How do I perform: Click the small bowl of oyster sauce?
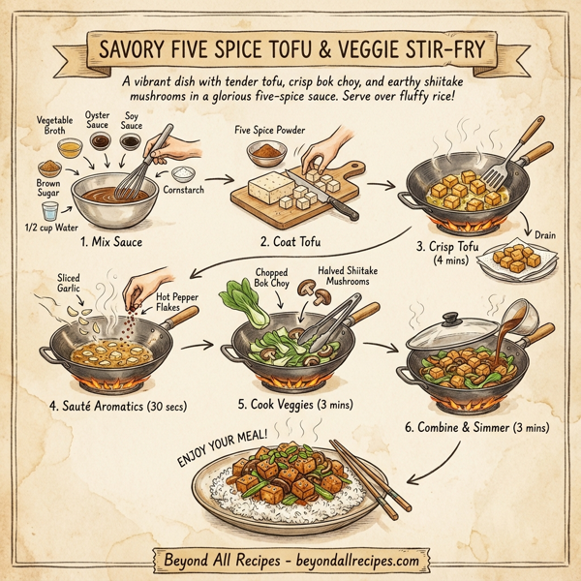click(100, 140)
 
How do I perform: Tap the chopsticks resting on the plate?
click(364, 479)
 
